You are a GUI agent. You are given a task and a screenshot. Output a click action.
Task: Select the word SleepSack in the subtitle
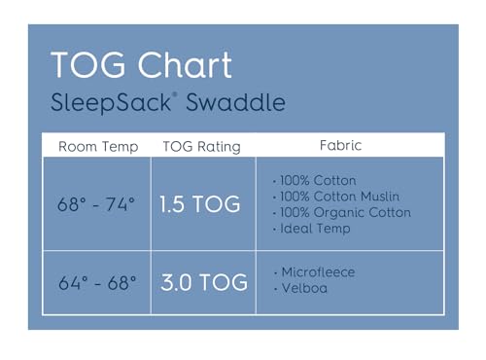coord(99,102)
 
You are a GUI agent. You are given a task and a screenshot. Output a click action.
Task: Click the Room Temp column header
coord(98,147)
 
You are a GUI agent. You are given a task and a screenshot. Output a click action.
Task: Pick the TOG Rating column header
coord(202,147)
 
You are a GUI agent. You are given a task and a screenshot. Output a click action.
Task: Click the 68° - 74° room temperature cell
coord(97,204)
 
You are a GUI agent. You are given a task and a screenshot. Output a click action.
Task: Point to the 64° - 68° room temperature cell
coord(97,284)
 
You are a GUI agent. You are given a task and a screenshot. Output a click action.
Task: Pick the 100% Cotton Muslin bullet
coord(339,197)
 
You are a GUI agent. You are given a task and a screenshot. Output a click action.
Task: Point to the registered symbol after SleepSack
coord(151,95)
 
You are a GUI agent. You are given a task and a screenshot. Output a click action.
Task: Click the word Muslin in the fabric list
coord(381,197)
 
